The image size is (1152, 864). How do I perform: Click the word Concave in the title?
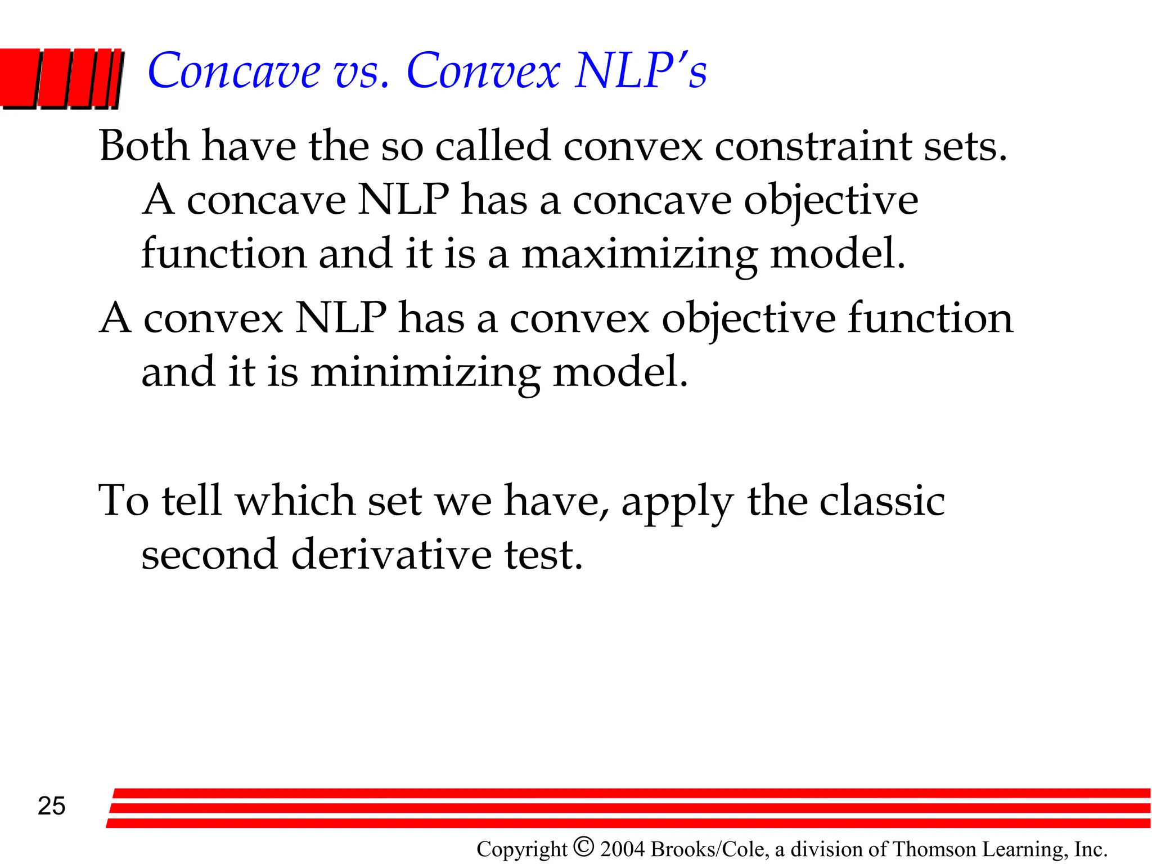(233, 71)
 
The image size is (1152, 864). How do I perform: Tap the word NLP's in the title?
(641, 71)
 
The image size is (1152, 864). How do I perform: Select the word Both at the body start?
(144, 146)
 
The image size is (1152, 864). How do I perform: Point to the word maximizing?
(640, 255)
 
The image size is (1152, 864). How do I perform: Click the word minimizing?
(425, 373)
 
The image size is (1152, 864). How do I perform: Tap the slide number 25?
(51, 806)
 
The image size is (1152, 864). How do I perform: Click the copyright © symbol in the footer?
(584, 847)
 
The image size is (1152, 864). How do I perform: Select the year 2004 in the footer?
(622, 849)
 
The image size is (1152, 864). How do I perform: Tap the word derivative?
(391, 555)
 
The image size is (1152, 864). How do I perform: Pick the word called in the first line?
(492, 146)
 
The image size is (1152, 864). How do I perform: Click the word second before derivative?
(209, 555)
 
